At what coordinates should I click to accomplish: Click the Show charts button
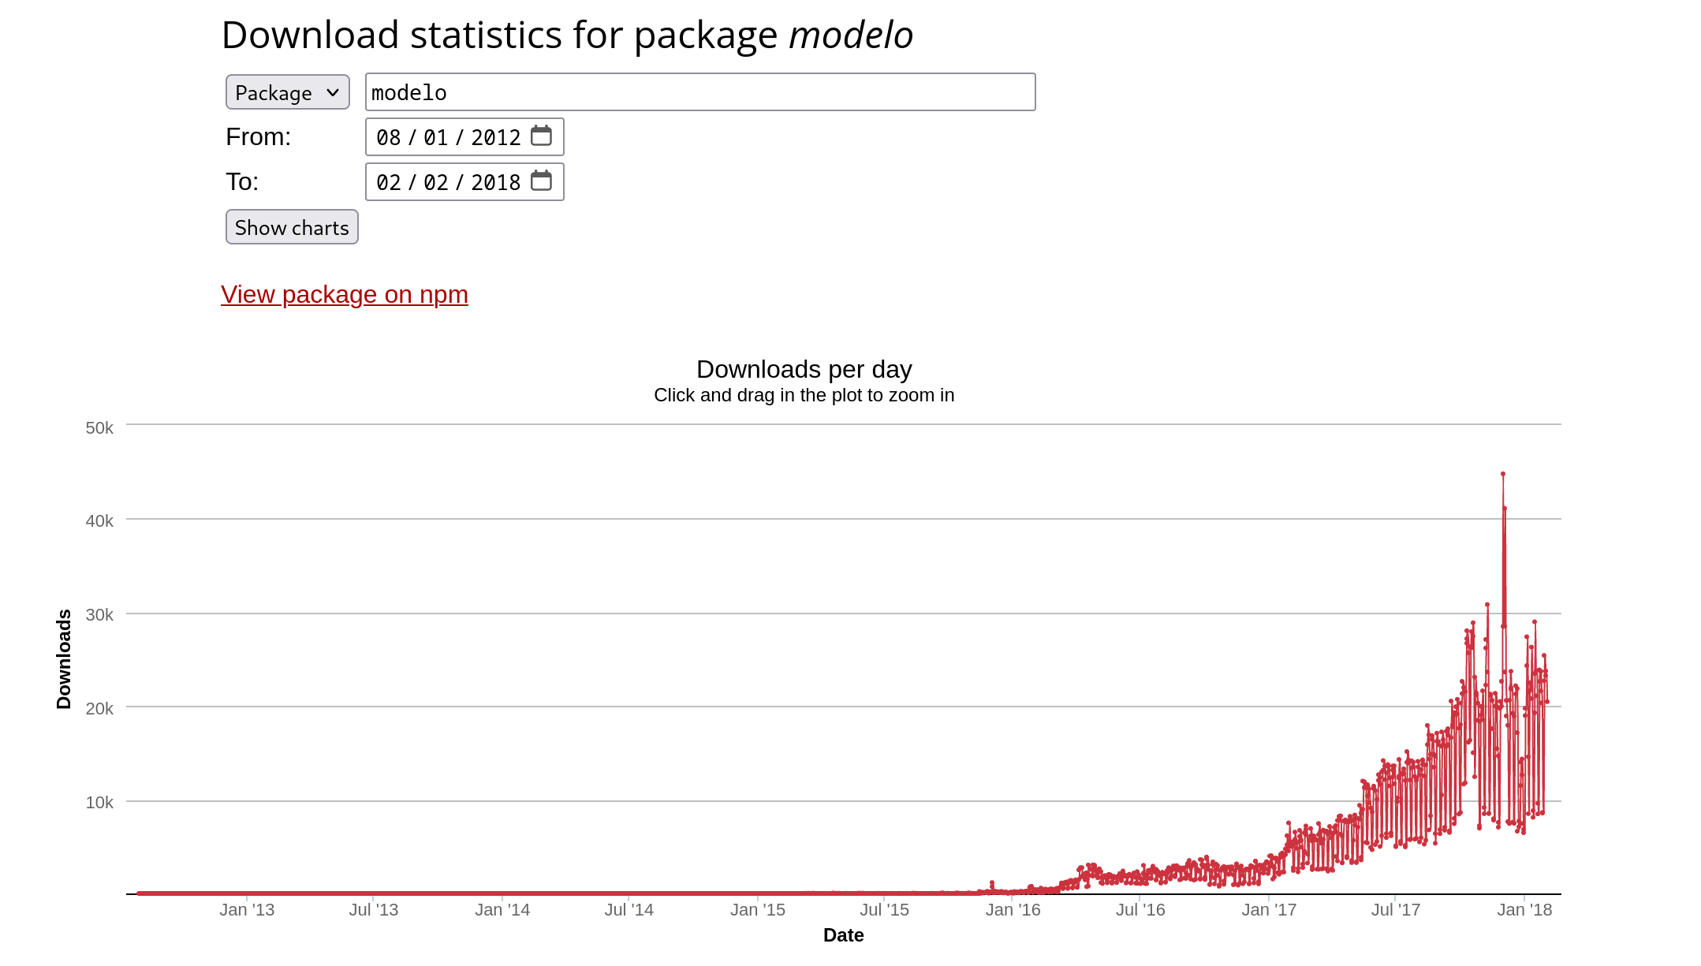(x=292, y=227)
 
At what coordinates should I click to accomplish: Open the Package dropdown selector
(x=287, y=92)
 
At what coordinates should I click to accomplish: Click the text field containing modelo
(x=699, y=92)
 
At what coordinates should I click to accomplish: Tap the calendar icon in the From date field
(x=541, y=136)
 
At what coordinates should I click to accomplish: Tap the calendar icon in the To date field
(x=541, y=181)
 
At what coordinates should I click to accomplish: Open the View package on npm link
(x=345, y=294)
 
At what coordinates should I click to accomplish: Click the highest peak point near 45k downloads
(x=1502, y=474)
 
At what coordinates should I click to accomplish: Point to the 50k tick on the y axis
(x=99, y=427)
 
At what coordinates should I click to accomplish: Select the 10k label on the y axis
(x=99, y=802)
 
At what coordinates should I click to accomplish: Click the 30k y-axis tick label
(x=99, y=614)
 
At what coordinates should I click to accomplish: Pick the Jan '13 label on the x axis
(x=247, y=909)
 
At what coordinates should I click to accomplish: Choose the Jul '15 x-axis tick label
(x=884, y=909)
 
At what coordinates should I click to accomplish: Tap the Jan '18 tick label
(x=1524, y=909)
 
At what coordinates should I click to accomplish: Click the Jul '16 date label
(x=1140, y=909)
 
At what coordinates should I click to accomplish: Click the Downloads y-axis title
(x=64, y=659)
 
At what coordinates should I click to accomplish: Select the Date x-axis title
(x=843, y=934)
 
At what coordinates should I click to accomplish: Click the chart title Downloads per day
(x=804, y=369)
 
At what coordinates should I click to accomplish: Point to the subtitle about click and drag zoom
(x=804, y=395)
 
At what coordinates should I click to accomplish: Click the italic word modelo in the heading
(x=850, y=35)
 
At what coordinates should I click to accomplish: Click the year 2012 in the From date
(x=495, y=137)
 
